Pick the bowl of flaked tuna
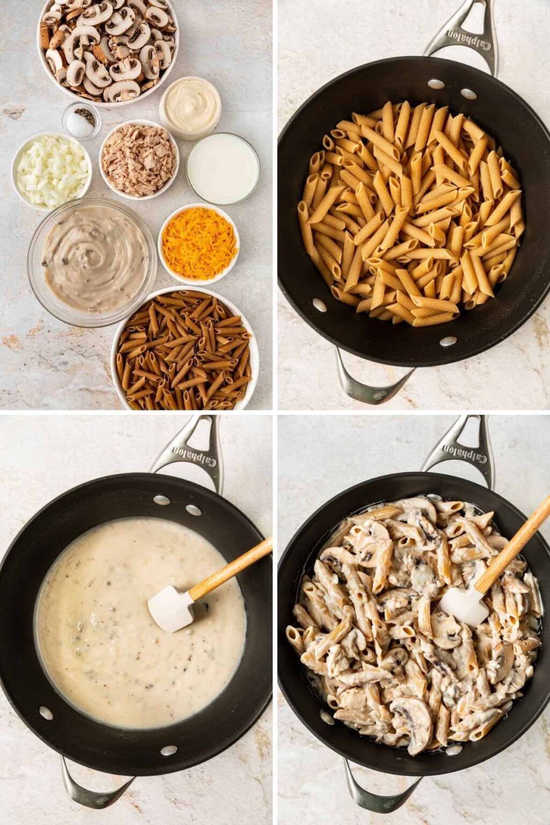139,160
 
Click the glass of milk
223,169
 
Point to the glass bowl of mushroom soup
92,262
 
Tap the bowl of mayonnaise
190,107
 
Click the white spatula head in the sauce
171,607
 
